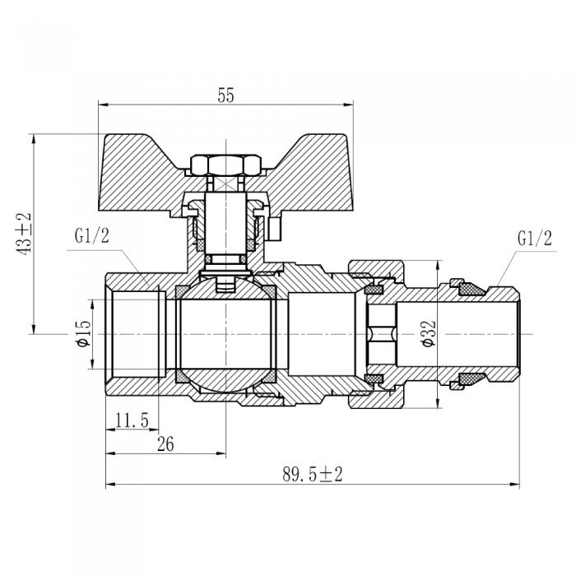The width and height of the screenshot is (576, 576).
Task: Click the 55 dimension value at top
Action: tap(225, 95)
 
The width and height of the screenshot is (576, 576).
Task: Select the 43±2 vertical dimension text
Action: tap(23, 234)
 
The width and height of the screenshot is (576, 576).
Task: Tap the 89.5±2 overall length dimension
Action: tap(312, 475)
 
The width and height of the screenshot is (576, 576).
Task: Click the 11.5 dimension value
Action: tap(132, 420)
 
